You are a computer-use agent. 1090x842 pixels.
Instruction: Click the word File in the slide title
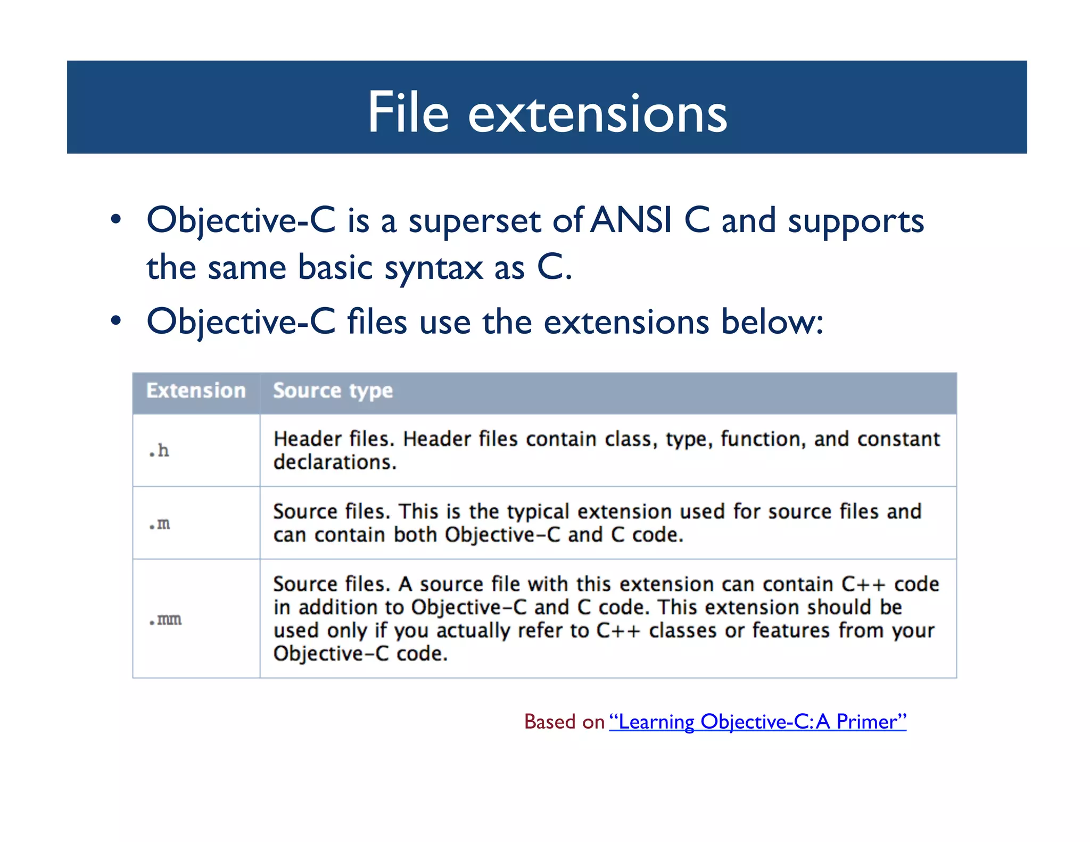click(408, 112)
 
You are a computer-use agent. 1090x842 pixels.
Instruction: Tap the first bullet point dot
click(116, 220)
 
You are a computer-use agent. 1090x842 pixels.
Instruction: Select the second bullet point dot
click(116, 321)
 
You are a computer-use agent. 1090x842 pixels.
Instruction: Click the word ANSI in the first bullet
click(631, 220)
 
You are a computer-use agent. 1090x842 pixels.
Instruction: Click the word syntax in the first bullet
click(433, 268)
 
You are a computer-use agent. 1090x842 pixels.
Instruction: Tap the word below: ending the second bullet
click(772, 321)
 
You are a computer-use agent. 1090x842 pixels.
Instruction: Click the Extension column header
click(196, 391)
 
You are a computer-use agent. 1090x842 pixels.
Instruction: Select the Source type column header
click(333, 391)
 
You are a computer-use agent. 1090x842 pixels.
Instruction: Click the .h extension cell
click(159, 451)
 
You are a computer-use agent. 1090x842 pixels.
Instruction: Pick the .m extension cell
click(160, 524)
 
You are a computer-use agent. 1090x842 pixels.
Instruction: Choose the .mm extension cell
click(166, 620)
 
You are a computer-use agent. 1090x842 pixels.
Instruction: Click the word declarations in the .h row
click(335, 462)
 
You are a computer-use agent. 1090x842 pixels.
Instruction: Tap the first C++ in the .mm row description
click(863, 584)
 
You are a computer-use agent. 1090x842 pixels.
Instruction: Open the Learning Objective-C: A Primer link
click(757, 722)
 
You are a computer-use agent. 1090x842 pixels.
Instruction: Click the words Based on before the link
click(564, 722)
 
